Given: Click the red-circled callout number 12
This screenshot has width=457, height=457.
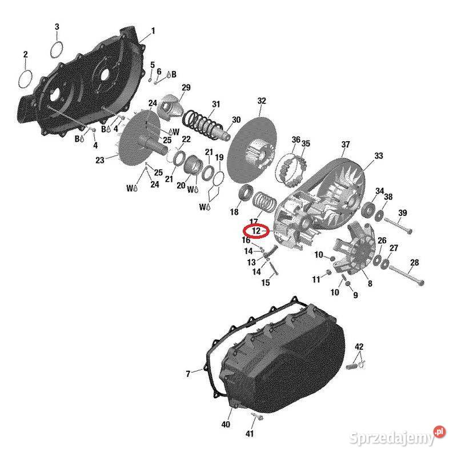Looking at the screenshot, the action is point(256,231).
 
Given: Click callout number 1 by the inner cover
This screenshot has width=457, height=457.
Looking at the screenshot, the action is point(153,31).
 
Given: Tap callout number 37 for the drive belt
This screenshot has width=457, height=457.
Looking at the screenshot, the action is point(346,145).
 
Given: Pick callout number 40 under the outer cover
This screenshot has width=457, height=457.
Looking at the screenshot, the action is point(226,424).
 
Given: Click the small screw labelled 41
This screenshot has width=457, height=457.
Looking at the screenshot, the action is point(256,417).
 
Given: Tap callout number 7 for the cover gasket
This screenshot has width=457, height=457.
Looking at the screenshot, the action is point(189,374).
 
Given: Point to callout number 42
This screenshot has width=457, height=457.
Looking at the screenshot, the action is point(359,347).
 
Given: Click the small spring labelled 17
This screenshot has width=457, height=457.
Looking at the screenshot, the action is point(264,202).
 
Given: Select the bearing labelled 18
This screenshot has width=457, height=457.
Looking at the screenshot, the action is point(246,193).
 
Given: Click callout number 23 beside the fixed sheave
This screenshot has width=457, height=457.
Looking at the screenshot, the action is point(99,160).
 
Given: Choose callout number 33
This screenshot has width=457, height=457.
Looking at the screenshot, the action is point(378,155).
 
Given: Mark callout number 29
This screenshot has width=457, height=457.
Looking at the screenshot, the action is point(186,87).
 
